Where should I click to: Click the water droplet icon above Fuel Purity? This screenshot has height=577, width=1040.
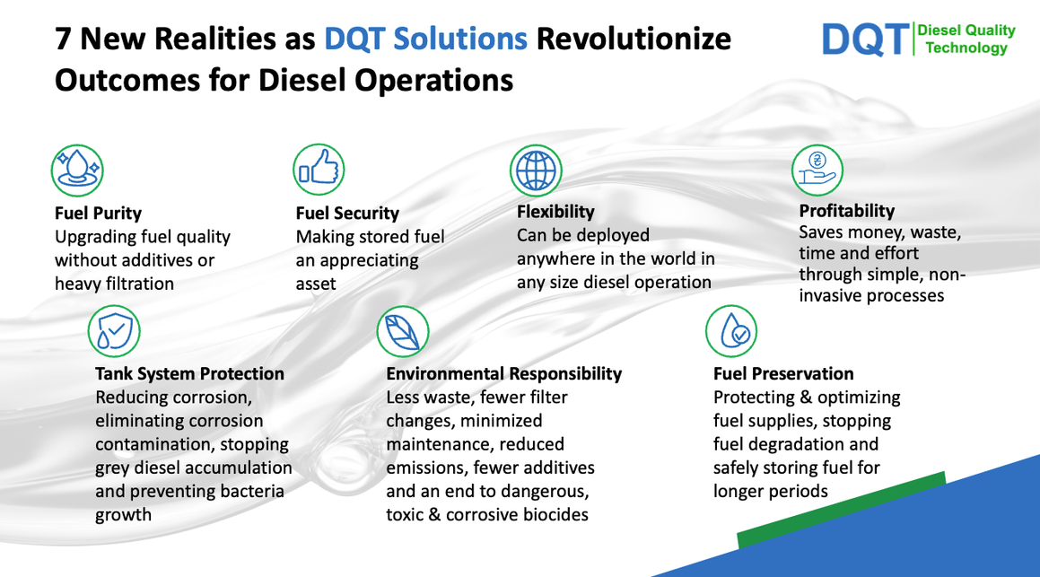coord(77,170)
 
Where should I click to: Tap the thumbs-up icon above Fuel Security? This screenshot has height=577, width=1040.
coord(319,170)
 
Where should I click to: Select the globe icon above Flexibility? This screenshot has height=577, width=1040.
coord(536,170)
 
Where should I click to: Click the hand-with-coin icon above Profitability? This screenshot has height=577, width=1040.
coord(817,170)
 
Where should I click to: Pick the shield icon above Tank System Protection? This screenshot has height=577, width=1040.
coord(114,331)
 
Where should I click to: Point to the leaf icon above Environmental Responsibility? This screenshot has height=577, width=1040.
coord(403,331)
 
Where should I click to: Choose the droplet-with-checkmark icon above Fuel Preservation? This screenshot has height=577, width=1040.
coord(731,331)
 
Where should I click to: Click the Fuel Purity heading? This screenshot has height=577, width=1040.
coord(98,213)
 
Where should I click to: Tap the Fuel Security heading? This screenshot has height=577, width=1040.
coord(347,213)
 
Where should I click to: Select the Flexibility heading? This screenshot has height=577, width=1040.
coord(555,212)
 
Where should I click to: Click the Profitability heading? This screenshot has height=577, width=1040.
coord(847,211)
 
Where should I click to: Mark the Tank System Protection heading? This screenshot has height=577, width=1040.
coord(189,373)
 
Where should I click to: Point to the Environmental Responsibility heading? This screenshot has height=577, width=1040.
coord(504,373)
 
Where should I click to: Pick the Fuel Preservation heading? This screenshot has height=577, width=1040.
coord(783,373)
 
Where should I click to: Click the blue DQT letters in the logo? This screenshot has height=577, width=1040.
coord(866,39)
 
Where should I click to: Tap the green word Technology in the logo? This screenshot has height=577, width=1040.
coord(966,48)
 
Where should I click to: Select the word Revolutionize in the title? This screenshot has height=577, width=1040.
coord(634,39)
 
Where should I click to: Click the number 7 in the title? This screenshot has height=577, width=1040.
coord(63,39)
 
